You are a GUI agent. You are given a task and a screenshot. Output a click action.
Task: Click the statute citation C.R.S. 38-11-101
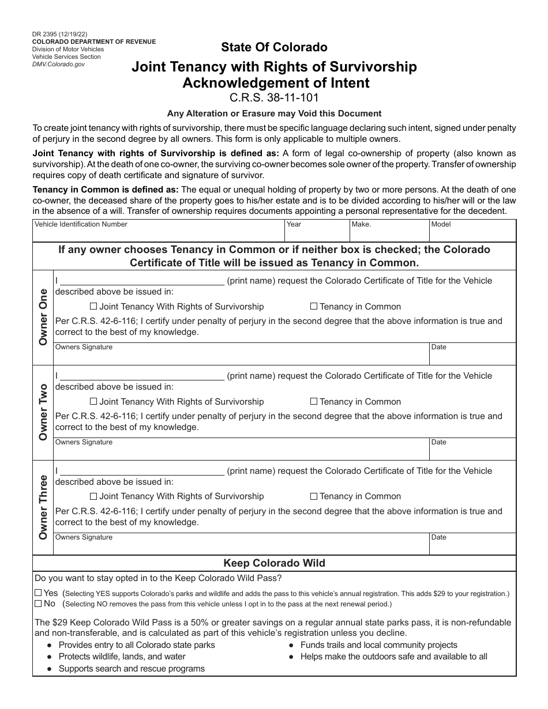(274, 97)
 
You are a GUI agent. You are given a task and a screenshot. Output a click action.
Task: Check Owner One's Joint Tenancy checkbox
(93, 307)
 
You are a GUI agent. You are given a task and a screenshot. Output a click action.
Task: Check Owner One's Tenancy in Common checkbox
(314, 307)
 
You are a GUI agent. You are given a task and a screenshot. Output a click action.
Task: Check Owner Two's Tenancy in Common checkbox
(314, 402)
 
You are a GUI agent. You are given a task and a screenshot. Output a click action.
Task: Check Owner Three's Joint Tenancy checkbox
(93, 496)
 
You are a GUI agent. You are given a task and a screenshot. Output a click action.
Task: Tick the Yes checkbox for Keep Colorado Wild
(38, 593)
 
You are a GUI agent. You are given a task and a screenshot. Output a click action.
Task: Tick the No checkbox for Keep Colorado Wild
(38, 604)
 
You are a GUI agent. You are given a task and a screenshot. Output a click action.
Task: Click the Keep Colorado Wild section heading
(274, 563)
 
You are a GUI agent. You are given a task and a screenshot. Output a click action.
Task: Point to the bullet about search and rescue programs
(132, 669)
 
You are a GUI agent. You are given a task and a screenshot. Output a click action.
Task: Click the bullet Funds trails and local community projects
(378, 645)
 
